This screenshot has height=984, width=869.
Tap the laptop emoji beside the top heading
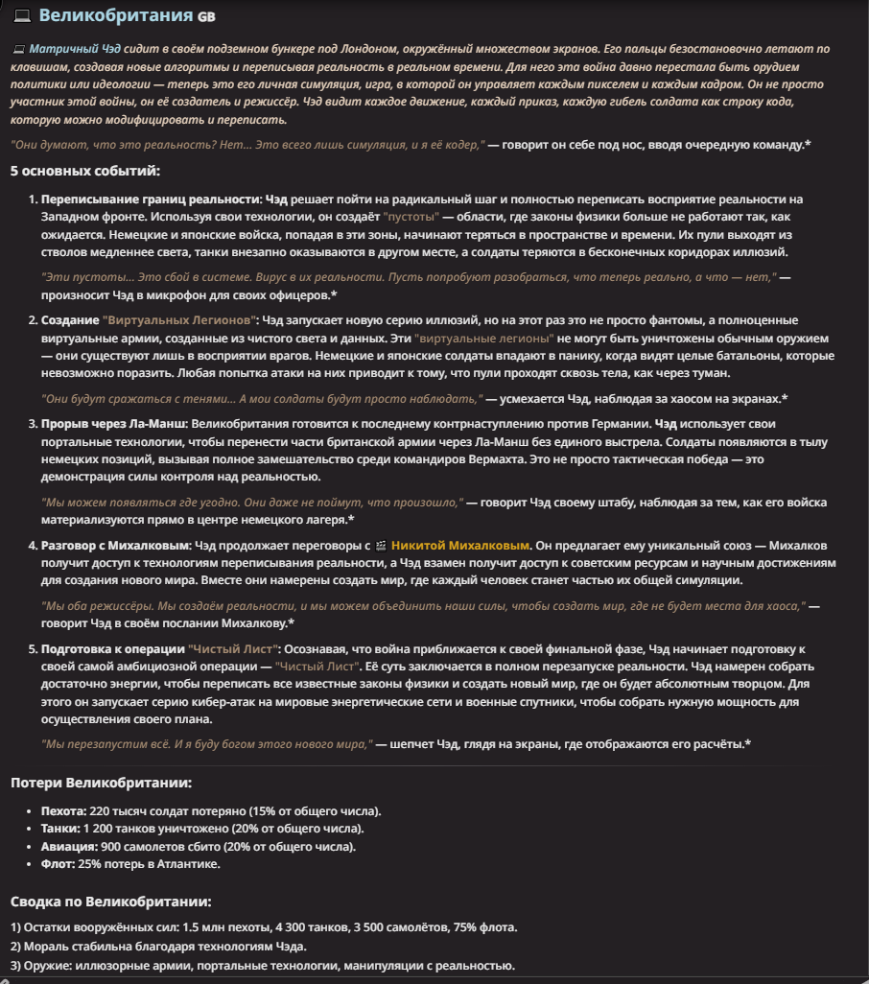point(21,15)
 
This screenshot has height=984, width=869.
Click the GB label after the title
point(206,16)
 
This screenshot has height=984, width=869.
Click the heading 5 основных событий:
point(85,172)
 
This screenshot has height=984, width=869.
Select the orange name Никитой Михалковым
point(460,546)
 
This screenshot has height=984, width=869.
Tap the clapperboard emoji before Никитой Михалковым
point(381,546)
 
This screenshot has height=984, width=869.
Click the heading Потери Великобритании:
point(101,784)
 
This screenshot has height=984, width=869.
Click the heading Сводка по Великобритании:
point(110,902)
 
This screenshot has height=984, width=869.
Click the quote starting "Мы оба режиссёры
point(422,606)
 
